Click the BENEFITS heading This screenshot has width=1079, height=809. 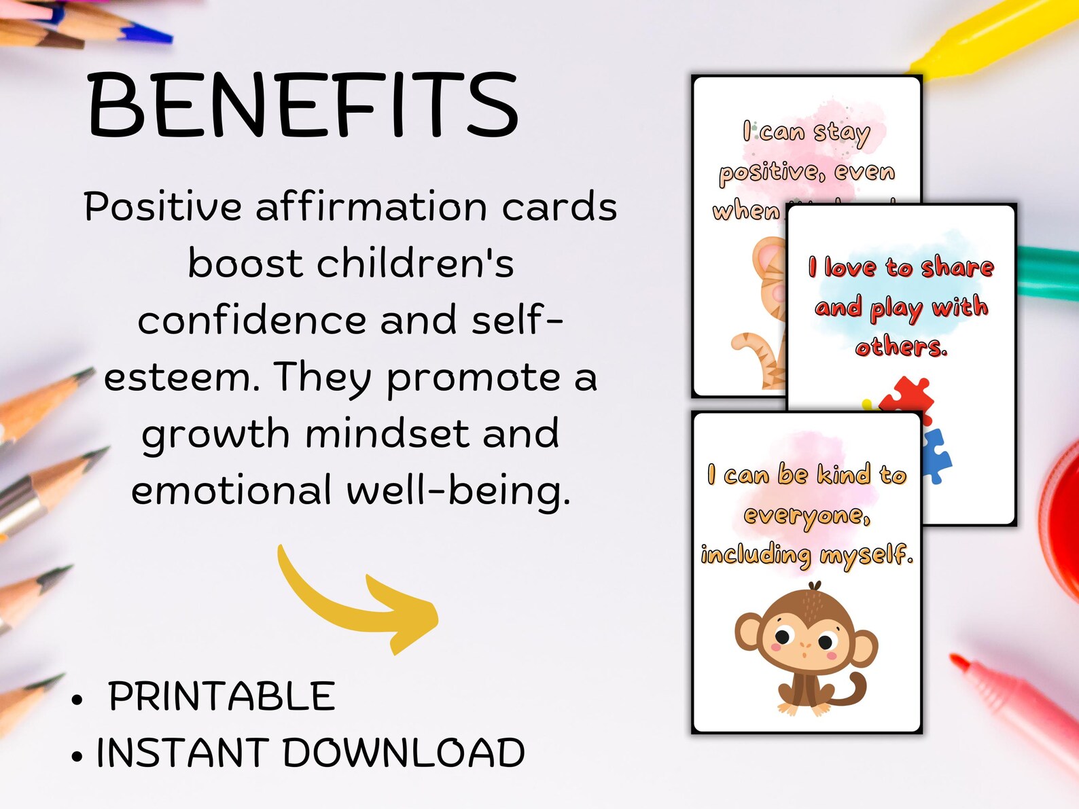coord(303,105)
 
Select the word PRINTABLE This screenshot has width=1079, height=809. coord(222,696)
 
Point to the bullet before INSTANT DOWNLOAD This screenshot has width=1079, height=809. coord(77,756)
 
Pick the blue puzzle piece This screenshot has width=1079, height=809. coord(936,454)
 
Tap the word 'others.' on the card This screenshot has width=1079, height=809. coord(901,347)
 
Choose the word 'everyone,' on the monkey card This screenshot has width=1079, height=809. coord(807,516)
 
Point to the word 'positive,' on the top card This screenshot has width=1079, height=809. coord(771,173)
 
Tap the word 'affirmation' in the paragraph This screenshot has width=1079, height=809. coord(371,206)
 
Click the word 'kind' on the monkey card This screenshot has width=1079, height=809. coord(843,474)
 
